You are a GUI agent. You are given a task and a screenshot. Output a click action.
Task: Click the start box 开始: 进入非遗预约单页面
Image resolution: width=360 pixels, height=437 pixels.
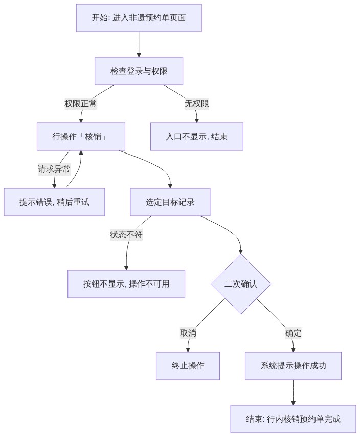click(139, 18)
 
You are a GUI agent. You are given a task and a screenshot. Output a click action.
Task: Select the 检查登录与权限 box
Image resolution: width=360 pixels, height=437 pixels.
click(139, 71)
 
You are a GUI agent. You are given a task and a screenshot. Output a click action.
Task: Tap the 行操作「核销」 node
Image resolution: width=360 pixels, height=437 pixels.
click(81, 137)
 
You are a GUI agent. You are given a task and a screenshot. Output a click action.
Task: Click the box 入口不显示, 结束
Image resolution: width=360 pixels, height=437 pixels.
click(196, 137)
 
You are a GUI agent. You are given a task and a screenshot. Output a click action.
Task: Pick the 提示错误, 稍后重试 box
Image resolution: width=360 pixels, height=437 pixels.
click(54, 202)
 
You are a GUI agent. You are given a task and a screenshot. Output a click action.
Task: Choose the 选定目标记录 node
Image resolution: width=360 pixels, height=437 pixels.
click(170, 202)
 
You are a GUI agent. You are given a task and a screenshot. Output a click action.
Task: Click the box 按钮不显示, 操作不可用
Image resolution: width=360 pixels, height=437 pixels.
click(126, 283)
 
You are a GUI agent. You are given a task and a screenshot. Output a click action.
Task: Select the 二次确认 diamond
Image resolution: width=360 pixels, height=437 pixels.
click(241, 284)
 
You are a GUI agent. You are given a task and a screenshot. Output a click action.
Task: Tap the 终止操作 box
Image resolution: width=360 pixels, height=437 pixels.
click(188, 366)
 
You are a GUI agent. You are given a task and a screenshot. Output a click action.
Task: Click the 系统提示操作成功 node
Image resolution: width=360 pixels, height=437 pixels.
click(293, 366)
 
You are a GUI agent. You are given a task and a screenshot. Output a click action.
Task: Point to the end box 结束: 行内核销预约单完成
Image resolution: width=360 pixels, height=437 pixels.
click(293, 419)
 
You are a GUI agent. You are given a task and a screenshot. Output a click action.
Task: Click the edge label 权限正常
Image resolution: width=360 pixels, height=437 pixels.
click(81, 104)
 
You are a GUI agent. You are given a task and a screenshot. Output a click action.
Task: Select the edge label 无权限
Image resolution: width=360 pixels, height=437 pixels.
click(196, 104)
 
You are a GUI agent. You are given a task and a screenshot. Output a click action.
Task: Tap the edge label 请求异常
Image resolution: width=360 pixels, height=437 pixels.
click(54, 169)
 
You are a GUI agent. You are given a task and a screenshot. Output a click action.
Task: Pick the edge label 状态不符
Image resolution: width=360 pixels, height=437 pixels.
click(126, 235)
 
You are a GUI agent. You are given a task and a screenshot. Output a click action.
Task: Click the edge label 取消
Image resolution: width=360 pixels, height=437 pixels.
click(188, 333)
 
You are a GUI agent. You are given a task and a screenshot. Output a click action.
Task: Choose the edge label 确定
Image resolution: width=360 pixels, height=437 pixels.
click(293, 333)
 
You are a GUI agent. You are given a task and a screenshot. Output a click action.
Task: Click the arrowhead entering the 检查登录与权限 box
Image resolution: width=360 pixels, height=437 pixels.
click(139, 55)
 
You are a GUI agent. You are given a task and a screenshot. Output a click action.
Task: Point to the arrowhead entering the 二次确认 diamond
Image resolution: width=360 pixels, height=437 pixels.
click(241, 252)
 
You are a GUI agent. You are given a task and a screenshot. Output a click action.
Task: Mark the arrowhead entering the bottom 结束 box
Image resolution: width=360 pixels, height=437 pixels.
click(293, 403)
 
